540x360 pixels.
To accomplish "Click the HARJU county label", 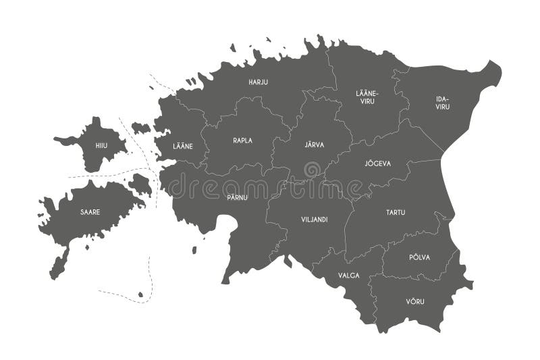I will coord(258,82).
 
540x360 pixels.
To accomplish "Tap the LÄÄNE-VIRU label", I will coord(367,97).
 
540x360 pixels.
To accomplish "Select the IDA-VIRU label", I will coord(442,103).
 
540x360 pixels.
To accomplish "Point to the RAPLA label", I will coord(242,140).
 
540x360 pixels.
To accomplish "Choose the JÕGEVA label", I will coord(377,163).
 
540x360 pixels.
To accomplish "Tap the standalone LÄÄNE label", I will coord(182,145).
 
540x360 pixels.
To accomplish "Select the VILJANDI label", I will coord(314,219).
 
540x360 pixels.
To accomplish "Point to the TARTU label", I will coord(396,212).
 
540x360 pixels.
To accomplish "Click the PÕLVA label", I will coord(419,257).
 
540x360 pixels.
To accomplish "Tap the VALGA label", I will coord(350,275).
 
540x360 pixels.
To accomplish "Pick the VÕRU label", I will coord(415,301).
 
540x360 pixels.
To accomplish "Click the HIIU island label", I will coord(102,145).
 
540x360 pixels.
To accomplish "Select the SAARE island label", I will coord(90,211).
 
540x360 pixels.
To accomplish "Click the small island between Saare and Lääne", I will coord(140,183).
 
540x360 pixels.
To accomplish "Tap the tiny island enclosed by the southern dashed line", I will coord(140,294).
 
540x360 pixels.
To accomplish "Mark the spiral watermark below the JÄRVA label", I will coord(312,170).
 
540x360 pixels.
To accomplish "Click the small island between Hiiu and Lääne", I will coord(140,127).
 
